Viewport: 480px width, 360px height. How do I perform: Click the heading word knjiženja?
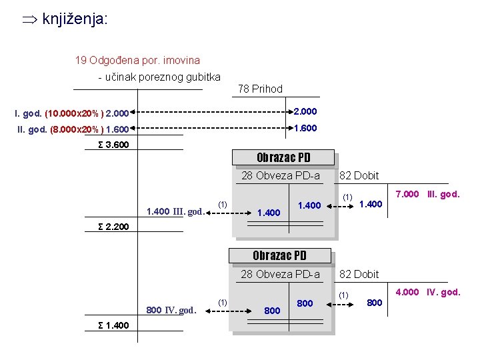pos(74,19)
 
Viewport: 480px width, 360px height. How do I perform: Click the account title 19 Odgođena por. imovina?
pos(137,60)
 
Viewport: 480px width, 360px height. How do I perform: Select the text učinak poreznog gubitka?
pos(159,77)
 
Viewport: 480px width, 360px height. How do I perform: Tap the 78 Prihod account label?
pos(260,89)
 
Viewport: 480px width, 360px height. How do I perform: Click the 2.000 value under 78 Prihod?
pos(305,111)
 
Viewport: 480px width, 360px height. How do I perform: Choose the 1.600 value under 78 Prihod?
pos(305,129)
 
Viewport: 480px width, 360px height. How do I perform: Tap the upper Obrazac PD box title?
pos(283,158)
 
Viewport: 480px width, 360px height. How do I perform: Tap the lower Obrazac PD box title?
pos(279,256)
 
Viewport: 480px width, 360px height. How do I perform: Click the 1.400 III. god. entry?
pos(175,212)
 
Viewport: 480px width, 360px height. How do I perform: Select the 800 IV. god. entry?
pos(171,310)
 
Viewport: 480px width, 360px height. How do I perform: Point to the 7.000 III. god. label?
pos(427,194)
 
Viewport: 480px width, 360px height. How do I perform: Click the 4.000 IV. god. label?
pos(427,292)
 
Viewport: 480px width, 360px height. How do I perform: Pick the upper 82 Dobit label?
pos(359,176)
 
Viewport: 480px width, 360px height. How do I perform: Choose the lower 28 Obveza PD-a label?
pos(280,274)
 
